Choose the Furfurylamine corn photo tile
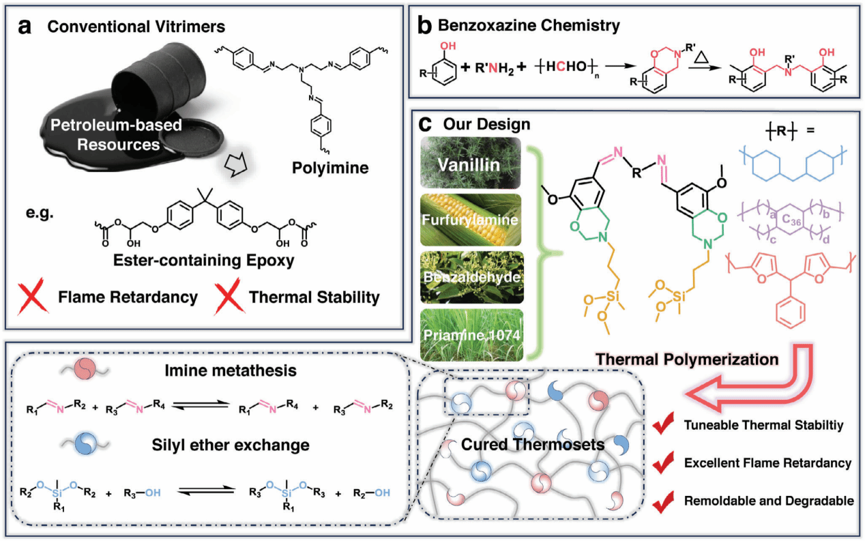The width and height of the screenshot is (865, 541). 472,220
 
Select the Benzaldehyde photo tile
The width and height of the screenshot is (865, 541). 472,277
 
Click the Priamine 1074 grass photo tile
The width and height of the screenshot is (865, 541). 472,334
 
